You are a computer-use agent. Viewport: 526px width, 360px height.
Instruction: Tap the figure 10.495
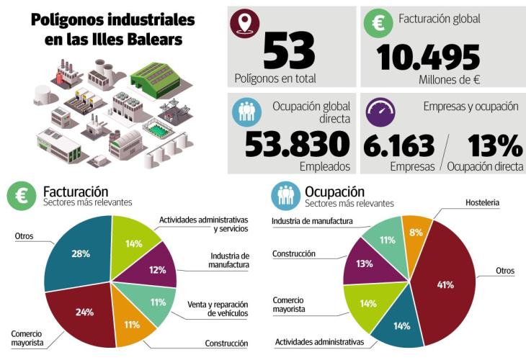click(x=427, y=57)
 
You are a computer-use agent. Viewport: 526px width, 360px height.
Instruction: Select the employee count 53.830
click(x=298, y=144)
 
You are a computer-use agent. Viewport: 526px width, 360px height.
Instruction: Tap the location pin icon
click(x=244, y=24)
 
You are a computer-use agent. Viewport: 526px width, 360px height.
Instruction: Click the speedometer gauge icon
click(x=380, y=112)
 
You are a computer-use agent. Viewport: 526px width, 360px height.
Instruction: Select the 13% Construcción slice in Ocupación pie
click(x=363, y=264)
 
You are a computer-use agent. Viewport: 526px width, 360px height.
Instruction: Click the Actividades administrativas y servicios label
click(x=203, y=224)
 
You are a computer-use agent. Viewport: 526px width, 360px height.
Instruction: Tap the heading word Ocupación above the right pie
click(x=334, y=192)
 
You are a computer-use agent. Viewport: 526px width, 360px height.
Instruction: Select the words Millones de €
click(x=449, y=79)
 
